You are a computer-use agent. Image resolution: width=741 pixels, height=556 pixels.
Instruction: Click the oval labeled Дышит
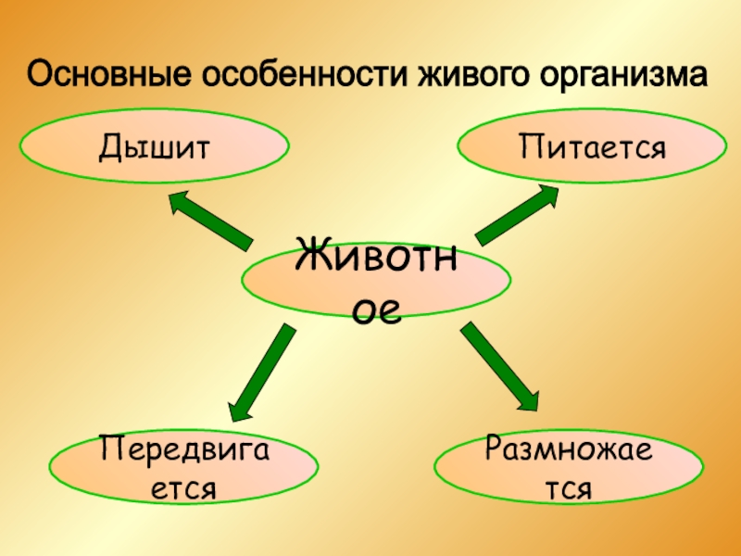point(154,146)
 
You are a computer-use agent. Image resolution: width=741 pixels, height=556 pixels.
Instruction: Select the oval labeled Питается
point(593,146)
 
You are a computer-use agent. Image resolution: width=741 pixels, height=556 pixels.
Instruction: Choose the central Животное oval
point(376,278)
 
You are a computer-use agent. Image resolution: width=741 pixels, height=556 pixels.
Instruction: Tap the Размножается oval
point(568,467)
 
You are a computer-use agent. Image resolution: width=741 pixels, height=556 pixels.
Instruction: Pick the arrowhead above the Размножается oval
point(525,396)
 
